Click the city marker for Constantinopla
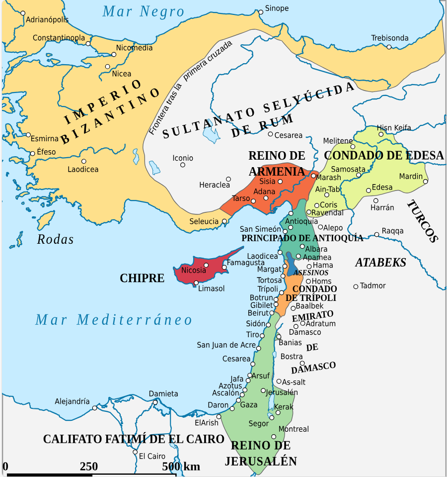[x=88, y=44]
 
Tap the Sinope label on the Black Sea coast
[x=277, y=8]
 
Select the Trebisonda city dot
[x=389, y=47]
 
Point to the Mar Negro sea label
[x=143, y=11]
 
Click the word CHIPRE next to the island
[x=142, y=278]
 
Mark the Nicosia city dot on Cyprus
[x=206, y=265]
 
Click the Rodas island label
[x=55, y=240]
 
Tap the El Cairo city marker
[x=135, y=452]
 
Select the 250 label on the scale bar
[x=89, y=467]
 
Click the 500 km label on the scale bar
[x=181, y=467]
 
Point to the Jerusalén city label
[x=282, y=392]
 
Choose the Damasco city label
[x=305, y=332]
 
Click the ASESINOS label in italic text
[x=311, y=273]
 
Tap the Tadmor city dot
[x=356, y=286]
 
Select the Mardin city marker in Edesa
[x=425, y=181]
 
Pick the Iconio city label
[x=183, y=158]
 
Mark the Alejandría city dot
[x=95, y=408]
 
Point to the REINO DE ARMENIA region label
[x=277, y=164]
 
